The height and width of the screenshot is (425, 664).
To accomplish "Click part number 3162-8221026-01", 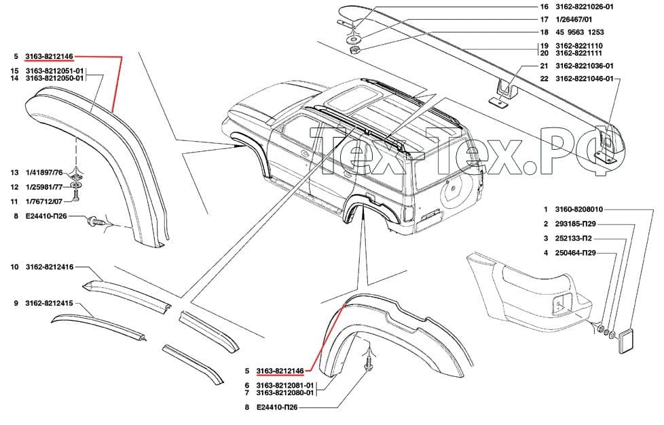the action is tap(584, 7).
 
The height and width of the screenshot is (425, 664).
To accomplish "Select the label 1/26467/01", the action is tap(574, 20).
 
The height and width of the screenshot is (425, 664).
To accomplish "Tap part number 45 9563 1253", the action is tap(580, 32).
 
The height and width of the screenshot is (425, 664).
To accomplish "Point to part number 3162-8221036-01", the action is tap(584, 66).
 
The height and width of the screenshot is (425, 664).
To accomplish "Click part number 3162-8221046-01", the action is tap(584, 79).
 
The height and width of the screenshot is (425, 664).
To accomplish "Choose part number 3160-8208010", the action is tap(579, 209).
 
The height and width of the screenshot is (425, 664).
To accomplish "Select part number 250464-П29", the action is tap(576, 253).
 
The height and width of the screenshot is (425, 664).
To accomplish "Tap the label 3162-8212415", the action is tap(50, 303).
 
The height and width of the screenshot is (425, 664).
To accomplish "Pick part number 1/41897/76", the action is tap(44, 173).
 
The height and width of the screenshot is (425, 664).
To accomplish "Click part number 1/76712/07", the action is tap(44, 202).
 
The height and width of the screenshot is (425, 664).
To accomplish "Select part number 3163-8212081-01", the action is tap(285, 385).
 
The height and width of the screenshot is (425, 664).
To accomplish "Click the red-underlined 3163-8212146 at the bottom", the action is tap(280, 371).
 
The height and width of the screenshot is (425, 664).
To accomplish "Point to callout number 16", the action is tap(544, 7).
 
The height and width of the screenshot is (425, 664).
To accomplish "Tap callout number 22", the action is tap(544, 79).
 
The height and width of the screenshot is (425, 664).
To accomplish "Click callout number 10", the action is tap(15, 267).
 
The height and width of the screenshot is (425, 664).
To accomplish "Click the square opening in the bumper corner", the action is tap(562, 304).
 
